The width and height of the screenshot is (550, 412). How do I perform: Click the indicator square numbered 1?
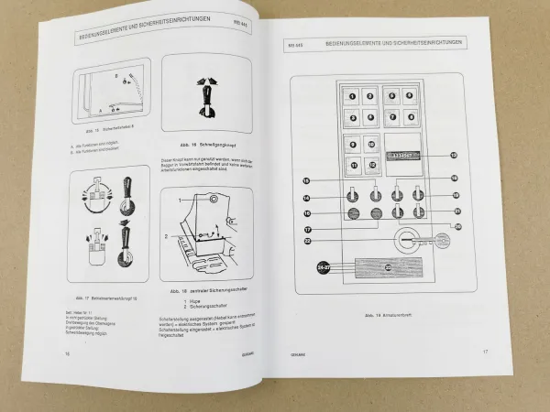click(351, 94)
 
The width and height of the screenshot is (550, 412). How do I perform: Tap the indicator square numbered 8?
click(409, 116)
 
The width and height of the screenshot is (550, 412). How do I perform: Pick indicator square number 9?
click(352, 145)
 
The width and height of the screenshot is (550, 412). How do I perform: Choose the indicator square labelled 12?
click(369, 165)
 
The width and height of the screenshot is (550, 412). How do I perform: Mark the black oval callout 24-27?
click(321, 266)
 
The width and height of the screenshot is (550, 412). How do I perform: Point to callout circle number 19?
click(455, 196)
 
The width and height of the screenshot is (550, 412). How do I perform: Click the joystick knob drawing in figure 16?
click(207, 98)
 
